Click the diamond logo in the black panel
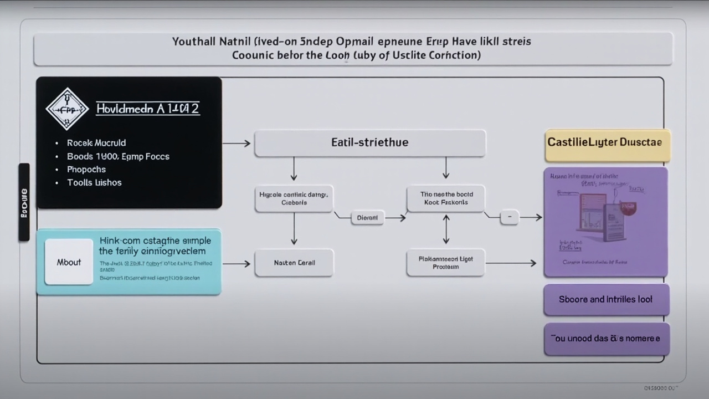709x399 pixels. coord(67,109)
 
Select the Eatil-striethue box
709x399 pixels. coord(370,143)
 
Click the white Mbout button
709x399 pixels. coord(69,262)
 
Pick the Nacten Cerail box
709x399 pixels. coord(294,263)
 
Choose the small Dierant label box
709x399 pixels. coord(367,218)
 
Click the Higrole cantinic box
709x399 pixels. coord(294,199)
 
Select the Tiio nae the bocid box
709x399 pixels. coord(446,199)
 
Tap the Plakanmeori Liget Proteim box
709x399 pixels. coord(446,263)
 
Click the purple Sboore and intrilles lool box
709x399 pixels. coord(607,300)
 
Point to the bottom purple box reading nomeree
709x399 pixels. coord(607,339)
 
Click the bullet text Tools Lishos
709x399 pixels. coord(94,183)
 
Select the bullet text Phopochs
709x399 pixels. coord(86,170)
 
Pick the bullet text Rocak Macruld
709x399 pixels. coord(96,143)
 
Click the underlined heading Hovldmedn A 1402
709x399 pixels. coord(147,109)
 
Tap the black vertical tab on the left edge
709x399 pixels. coord(24,202)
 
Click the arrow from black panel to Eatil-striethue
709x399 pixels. coord(237,144)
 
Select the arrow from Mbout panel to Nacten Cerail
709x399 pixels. coord(237,264)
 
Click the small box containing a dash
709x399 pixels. coord(510,218)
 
